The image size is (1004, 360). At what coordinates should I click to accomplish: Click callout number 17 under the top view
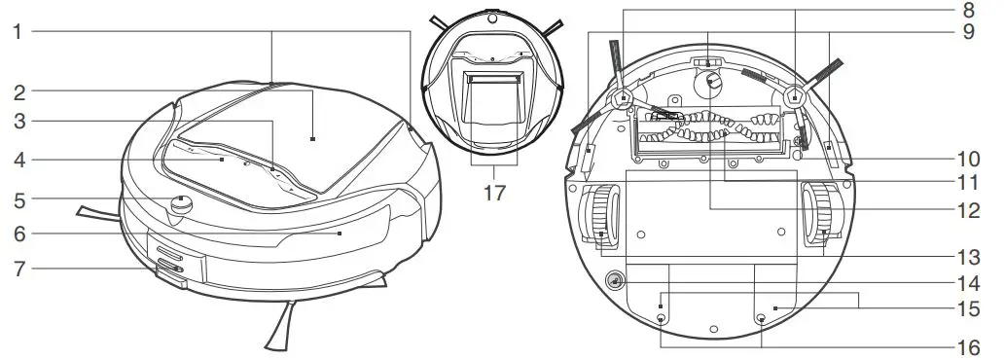494,192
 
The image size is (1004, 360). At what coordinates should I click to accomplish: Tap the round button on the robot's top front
180,204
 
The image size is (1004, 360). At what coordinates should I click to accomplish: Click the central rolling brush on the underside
708,129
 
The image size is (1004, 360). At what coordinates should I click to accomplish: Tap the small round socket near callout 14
615,281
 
